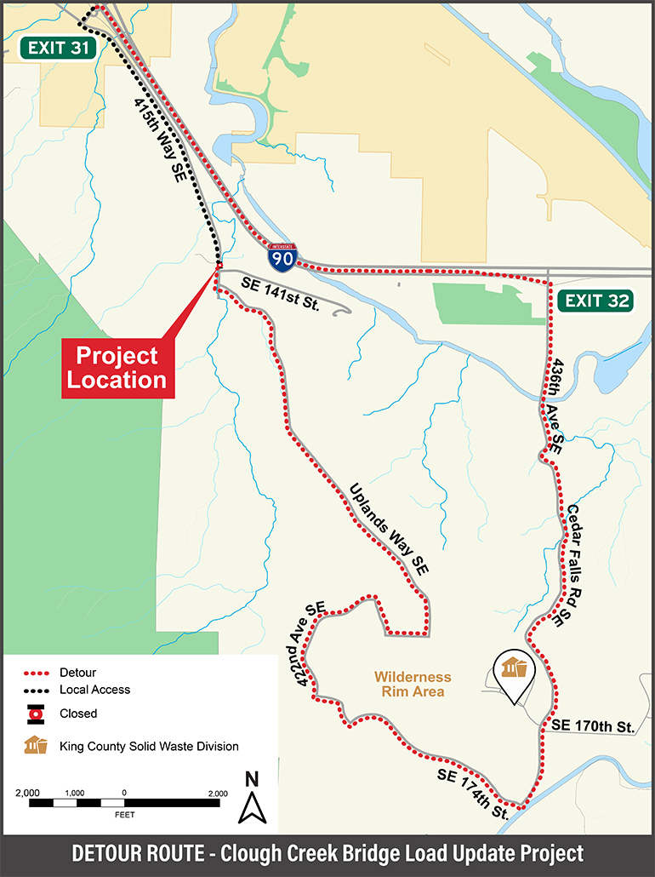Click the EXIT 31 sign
click(x=58, y=48)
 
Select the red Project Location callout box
click(x=117, y=367)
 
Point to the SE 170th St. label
click(x=593, y=726)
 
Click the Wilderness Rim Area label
click(x=414, y=684)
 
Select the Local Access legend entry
click(x=94, y=690)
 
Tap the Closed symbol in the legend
click(x=36, y=714)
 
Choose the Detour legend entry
click(x=77, y=673)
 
